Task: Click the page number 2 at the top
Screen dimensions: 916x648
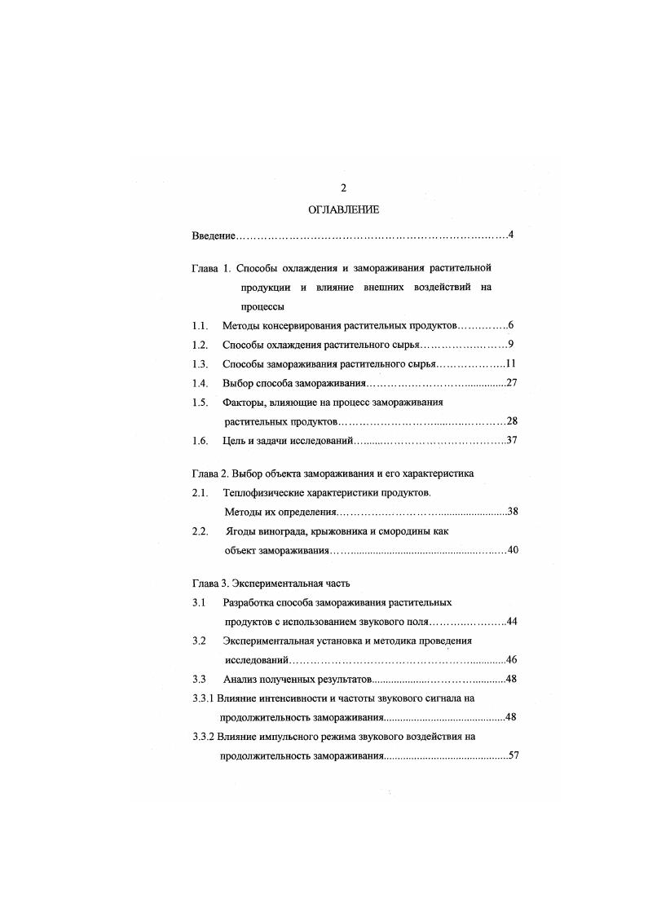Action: coord(343,187)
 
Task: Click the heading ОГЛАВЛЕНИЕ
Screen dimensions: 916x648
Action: coord(343,210)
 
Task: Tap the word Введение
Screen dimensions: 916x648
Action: coord(214,236)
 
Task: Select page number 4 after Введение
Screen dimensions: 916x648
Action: coord(509,236)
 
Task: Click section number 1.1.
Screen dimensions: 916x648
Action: coord(201,326)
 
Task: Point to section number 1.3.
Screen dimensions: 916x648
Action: coord(201,364)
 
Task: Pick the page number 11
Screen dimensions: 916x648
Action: coord(512,364)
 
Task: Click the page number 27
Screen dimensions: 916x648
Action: coord(513,383)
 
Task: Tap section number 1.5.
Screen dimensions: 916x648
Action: coord(201,403)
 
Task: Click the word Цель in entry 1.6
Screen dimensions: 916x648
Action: coord(235,441)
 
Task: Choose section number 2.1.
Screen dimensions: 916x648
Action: coord(201,493)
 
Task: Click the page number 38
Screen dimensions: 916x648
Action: coord(513,512)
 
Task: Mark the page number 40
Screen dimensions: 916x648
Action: coord(513,551)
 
